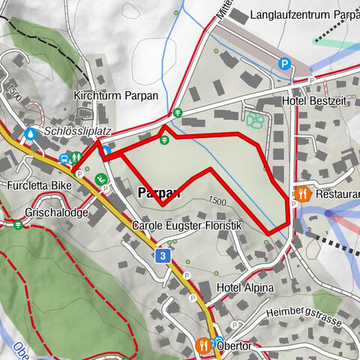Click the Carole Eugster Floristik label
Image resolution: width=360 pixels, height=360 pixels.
coord(187,226)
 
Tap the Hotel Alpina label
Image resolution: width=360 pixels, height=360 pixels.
coord(245,288)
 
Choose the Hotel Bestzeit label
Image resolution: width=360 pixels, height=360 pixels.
coord(313,100)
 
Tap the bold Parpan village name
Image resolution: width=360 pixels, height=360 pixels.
coord(159,193)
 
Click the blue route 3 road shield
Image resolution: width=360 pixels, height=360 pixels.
coord(162,256)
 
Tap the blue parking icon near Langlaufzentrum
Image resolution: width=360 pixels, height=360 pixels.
coord(284,64)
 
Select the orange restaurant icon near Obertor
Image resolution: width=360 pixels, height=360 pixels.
coord(203,346)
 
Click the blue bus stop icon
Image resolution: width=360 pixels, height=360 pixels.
coord(64,158)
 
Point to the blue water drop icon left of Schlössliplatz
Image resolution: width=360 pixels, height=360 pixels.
coord(30,133)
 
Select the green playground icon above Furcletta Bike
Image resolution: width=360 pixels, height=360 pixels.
coord(100,178)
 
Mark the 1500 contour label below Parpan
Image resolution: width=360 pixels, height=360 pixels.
coord(217,200)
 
